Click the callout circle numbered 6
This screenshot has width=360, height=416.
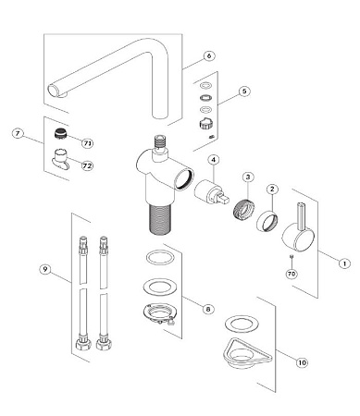209,55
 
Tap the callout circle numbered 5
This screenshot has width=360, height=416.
244,92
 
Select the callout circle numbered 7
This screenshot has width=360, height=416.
18,134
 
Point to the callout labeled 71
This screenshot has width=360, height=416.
88,143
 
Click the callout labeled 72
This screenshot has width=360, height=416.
87,165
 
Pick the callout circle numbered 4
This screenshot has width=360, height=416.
214,160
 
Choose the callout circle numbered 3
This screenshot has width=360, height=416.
248,177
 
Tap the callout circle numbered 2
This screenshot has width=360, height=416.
272,189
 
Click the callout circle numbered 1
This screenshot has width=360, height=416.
344,263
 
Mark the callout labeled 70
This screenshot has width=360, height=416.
292,274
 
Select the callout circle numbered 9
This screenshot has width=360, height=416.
45,269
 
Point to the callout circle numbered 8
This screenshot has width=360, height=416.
208,309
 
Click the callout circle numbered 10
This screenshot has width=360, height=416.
302,362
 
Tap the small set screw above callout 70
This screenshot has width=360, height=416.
291,256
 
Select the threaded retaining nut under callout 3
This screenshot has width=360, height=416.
244,208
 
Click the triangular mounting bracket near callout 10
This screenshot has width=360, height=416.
246,353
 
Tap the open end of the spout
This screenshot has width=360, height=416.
53,91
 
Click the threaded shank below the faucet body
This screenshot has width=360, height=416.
159,218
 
